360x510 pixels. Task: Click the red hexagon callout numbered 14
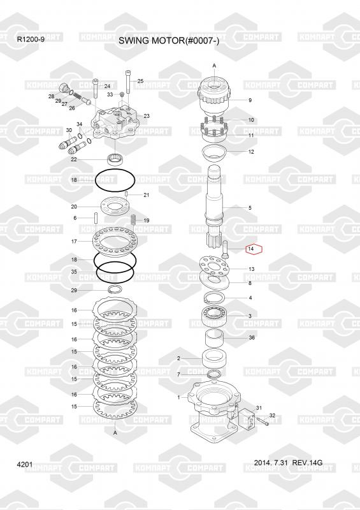pos(254,249)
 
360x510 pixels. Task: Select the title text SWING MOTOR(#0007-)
pos(169,41)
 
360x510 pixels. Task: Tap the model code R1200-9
pos(31,40)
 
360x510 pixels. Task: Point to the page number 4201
pos(25,464)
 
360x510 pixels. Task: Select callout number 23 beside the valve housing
pos(147,116)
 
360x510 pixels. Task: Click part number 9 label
pos(250,100)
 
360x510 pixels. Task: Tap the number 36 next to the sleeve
pos(252,338)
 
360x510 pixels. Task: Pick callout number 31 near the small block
pos(259,408)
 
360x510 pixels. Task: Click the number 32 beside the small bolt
pos(272,416)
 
